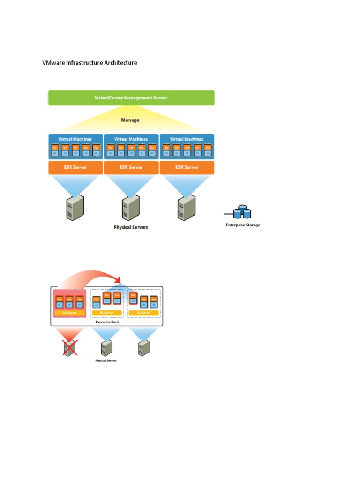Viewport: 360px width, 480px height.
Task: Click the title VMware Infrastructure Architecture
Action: click(90, 63)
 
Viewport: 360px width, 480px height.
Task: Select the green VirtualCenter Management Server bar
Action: click(131, 98)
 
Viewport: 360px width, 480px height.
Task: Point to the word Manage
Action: click(130, 120)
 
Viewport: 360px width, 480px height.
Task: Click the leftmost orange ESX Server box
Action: click(75, 167)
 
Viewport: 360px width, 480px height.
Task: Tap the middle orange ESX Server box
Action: click(131, 167)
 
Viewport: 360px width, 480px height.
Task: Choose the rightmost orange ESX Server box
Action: click(187, 167)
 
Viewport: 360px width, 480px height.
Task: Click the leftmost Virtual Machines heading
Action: click(75, 139)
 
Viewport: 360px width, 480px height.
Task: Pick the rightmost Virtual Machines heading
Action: click(187, 139)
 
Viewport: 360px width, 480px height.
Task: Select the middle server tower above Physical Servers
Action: click(131, 208)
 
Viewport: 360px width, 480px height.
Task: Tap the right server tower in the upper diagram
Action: click(187, 208)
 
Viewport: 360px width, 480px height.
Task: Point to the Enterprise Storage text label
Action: click(243, 225)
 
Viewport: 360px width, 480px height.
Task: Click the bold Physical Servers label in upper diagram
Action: click(131, 227)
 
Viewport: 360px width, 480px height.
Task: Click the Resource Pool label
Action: click(106, 322)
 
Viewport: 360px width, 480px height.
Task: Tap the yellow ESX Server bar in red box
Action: click(69, 313)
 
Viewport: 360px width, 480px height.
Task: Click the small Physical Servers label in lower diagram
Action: click(106, 361)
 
